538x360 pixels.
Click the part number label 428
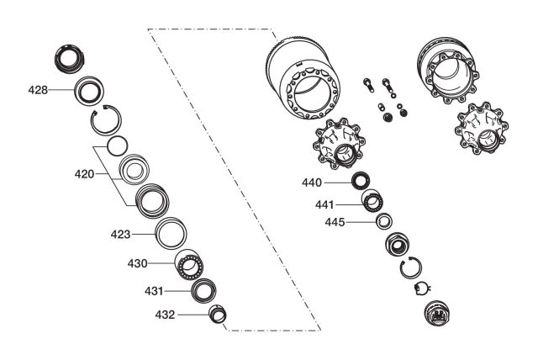pos(38,90)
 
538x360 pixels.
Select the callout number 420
pos(84,174)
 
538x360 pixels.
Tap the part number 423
pos(120,235)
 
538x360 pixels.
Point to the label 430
pos(137,263)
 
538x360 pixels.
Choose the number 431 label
pos(154,291)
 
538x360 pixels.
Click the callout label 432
pos(165,315)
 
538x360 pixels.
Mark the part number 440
pos(312,183)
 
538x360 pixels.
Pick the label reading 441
pos(324,205)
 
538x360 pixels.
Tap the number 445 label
pos(335,222)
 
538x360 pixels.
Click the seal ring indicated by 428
pos(76,91)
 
